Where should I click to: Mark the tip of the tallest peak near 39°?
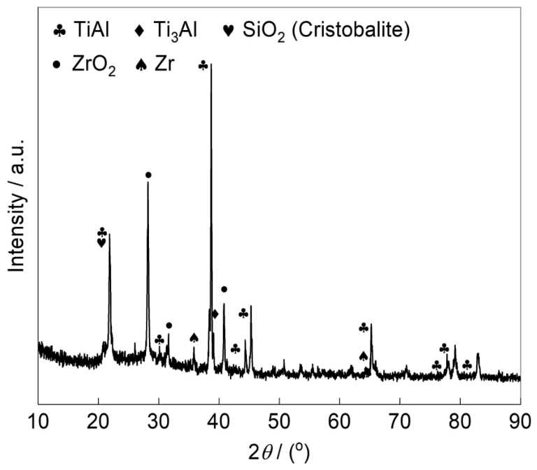click(211, 65)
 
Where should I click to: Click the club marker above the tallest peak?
click(203, 65)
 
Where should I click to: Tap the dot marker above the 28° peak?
click(148, 175)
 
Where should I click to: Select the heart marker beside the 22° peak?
click(101, 242)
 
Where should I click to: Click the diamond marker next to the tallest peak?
click(215, 314)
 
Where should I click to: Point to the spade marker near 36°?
click(194, 338)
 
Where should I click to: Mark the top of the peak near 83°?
click(478, 354)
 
